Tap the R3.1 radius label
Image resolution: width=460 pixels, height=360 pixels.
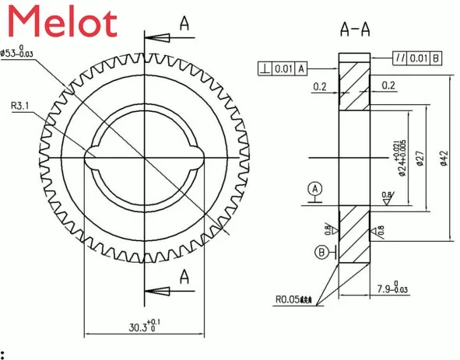click(x=23, y=106)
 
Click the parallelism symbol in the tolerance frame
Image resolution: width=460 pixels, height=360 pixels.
click(x=399, y=58)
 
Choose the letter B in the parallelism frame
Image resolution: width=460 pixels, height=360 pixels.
click(x=436, y=58)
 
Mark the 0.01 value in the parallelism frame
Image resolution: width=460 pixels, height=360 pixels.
click(x=418, y=58)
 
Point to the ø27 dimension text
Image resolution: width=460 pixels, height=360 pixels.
click(x=419, y=159)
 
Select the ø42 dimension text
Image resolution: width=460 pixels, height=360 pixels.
click(x=443, y=159)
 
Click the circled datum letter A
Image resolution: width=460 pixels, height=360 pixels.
click(x=314, y=189)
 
